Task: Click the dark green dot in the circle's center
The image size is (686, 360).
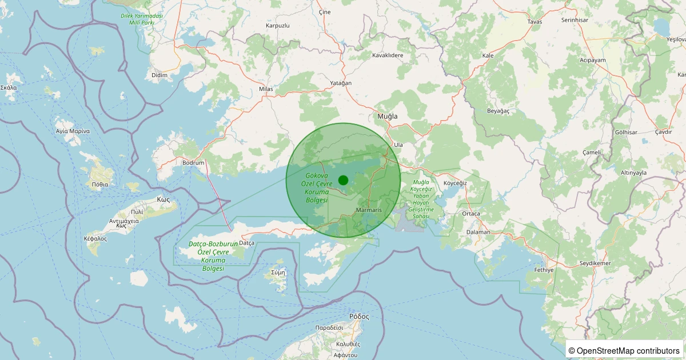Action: (x=343, y=180)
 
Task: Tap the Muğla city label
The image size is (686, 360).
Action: (x=387, y=116)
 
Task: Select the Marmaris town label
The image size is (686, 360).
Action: (x=368, y=210)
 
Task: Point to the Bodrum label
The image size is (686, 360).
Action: (x=193, y=163)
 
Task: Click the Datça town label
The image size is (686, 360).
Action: (x=246, y=243)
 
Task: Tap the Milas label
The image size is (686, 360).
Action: (x=266, y=89)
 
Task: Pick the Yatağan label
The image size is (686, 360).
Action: (x=341, y=83)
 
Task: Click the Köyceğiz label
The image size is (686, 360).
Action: (x=456, y=183)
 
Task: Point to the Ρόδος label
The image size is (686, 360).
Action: (x=359, y=316)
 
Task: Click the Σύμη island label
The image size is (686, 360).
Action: (x=278, y=273)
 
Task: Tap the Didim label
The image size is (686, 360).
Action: (x=159, y=75)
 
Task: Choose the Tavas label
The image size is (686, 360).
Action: (x=535, y=22)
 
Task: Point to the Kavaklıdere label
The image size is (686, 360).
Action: (x=388, y=55)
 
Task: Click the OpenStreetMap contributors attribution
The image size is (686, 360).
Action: (x=625, y=350)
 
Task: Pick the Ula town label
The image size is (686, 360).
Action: (x=398, y=145)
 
